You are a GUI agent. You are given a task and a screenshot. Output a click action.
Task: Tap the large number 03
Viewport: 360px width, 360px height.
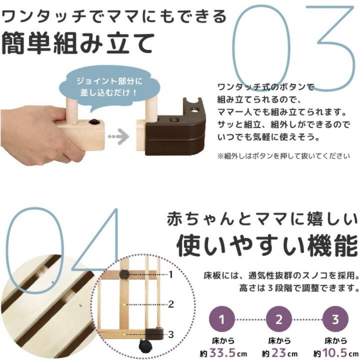click(x=293, y=47)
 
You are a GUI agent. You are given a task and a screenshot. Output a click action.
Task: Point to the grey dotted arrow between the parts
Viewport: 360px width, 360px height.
click(x=119, y=136)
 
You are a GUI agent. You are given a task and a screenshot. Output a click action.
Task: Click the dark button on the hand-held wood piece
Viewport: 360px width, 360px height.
click(x=95, y=122)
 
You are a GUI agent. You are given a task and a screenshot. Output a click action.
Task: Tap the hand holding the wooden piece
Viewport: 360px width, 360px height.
click(x=33, y=133)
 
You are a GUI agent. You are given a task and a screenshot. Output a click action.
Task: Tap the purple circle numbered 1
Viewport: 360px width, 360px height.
click(x=222, y=319)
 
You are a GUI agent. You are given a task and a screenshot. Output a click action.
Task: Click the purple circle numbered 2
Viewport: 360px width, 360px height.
click(x=279, y=319)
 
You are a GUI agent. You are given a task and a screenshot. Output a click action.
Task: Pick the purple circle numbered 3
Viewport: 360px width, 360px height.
click(x=335, y=319)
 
